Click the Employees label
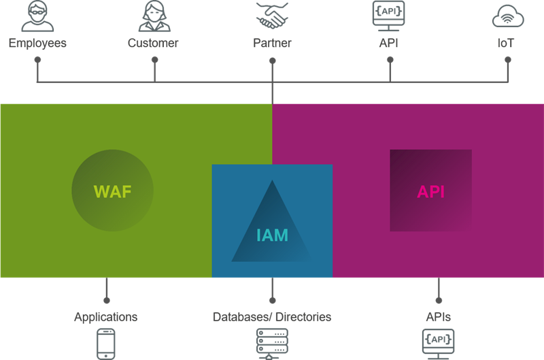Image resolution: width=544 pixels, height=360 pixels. coord(37,44)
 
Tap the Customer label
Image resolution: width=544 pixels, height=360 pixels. coord(153,44)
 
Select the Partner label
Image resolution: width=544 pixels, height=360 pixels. coord(272,44)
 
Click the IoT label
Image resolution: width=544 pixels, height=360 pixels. coord(505,44)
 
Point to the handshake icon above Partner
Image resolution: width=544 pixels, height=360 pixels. coord(272,15)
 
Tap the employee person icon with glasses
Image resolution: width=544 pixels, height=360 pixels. coord(37,16)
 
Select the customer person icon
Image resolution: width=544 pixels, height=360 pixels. coord(154,16)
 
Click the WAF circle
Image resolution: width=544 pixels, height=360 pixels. coord(112,191)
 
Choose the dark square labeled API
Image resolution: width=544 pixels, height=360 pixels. coord(430,191)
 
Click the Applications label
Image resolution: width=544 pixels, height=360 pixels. coord(105,316)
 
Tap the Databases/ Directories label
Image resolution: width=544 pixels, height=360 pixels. coord(272,316)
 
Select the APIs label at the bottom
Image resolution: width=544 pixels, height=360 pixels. coord(438,316)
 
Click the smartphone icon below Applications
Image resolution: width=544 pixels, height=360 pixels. coord(106,344)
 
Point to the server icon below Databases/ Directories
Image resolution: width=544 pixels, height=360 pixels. coord(272,344)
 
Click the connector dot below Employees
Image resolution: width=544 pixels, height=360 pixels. coord(38,60)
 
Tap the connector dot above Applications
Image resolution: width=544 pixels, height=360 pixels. coord(106,299)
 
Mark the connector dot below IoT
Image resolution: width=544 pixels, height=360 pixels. coord(507,60)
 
